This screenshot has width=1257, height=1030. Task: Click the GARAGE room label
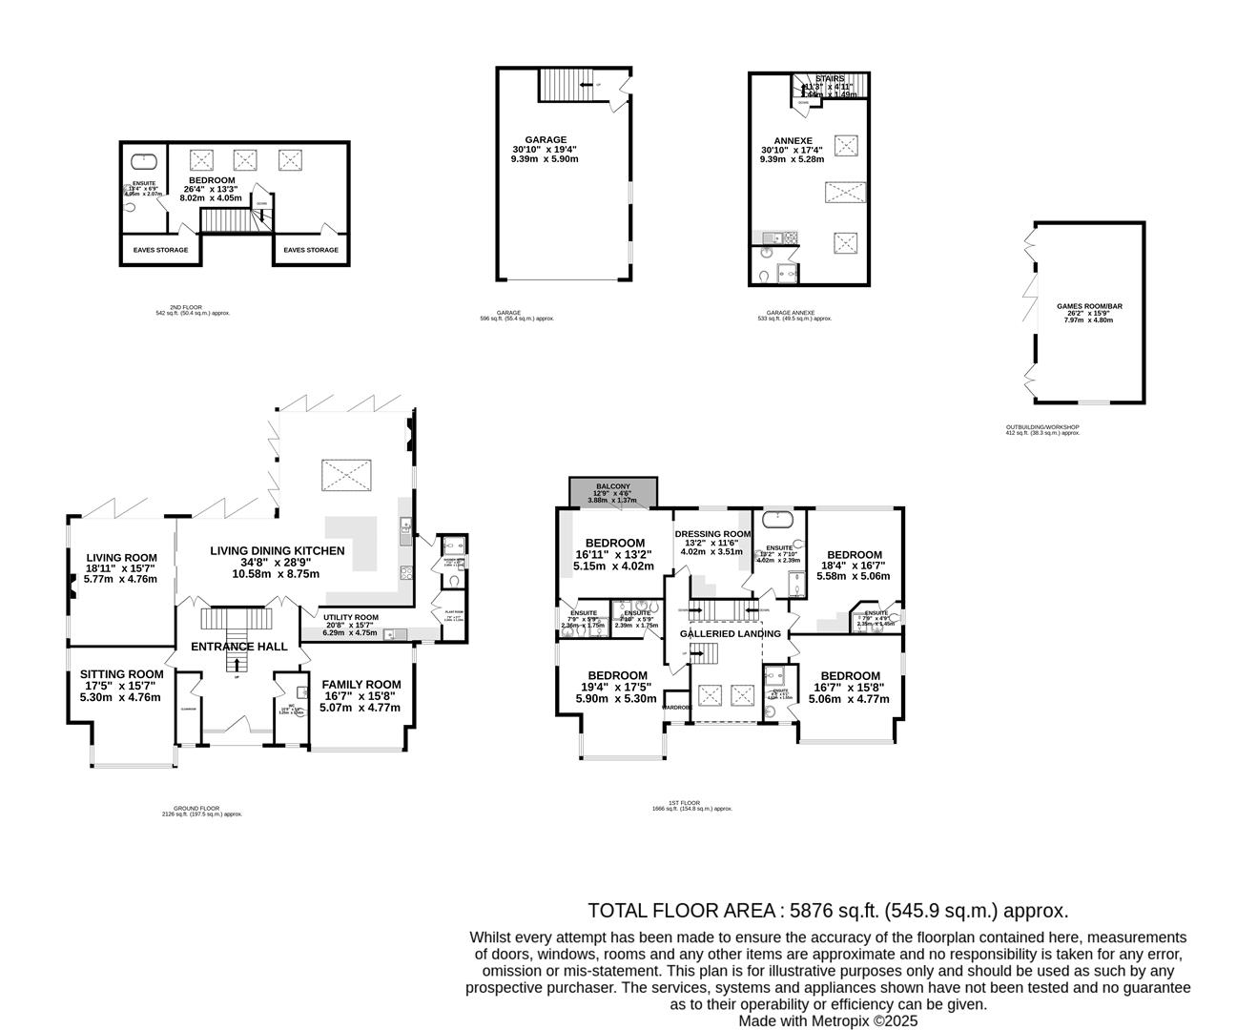click(x=545, y=139)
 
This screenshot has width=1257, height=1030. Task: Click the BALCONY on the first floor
click(x=612, y=493)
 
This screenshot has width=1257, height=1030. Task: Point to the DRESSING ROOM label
click(x=711, y=534)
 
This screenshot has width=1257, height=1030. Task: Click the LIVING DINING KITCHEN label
click(x=277, y=551)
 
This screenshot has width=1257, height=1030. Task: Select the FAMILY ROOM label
click(x=361, y=685)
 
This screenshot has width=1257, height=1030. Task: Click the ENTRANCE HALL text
click(x=238, y=647)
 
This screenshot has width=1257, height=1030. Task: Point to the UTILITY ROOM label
click(x=350, y=617)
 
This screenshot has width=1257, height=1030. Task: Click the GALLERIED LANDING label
click(x=731, y=633)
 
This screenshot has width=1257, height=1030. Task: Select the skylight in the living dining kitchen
click(x=345, y=473)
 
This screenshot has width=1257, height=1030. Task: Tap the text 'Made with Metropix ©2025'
click(x=828, y=1020)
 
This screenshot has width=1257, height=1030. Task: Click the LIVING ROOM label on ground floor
click(x=121, y=559)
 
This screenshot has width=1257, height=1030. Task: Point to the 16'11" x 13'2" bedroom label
click(x=614, y=544)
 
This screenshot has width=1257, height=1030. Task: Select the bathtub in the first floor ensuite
click(x=778, y=521)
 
